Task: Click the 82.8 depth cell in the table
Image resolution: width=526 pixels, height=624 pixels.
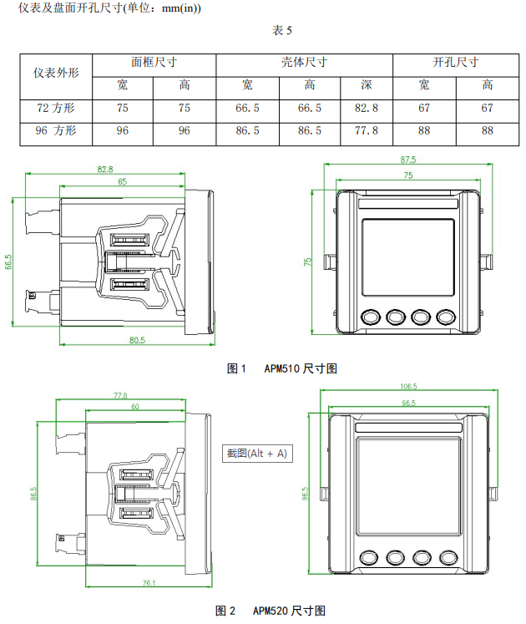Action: (366, 108)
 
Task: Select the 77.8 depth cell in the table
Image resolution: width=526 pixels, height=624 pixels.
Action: (366, 130)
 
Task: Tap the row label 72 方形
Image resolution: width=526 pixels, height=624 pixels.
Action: (56, 108)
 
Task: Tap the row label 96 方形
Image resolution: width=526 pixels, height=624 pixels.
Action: (56, 130)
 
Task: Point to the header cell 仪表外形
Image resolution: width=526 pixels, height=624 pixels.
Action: (56, 73)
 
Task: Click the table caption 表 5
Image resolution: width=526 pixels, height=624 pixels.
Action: (282, 31)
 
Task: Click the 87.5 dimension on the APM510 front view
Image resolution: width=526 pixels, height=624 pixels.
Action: (408, 160)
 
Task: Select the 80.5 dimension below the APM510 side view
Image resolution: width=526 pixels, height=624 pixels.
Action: (138, 341)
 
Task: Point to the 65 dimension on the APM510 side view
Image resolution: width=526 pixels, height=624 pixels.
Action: (122, 181)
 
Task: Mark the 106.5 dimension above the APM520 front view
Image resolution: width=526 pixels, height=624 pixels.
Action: (408, 387)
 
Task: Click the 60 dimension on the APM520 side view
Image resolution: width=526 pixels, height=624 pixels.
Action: (134, 406)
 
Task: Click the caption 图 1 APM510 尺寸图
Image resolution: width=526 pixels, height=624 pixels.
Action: (281, 368)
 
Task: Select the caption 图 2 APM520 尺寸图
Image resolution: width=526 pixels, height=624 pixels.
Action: (270, 611)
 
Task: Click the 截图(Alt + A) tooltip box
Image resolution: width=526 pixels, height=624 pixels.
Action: (257, 453)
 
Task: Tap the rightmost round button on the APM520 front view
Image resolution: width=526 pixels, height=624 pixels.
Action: (449, 557)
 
